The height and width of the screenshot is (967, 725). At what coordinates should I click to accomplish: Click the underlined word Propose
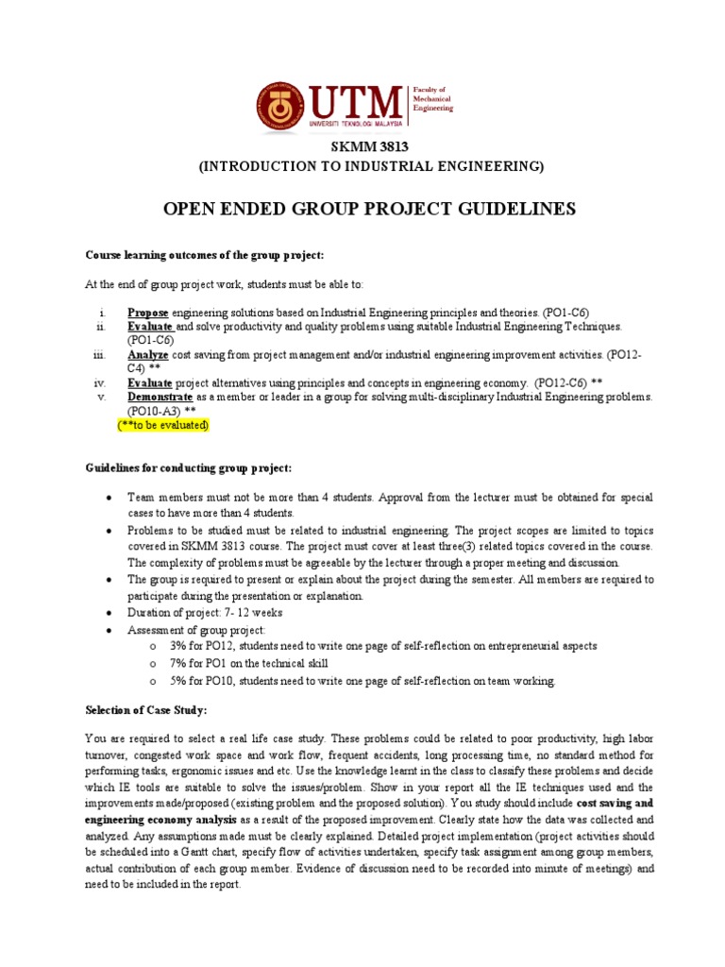pos(148,313)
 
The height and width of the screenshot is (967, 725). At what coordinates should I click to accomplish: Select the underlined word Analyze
pos(148,354)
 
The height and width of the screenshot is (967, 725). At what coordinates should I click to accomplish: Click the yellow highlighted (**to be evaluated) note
pos(162,426)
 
